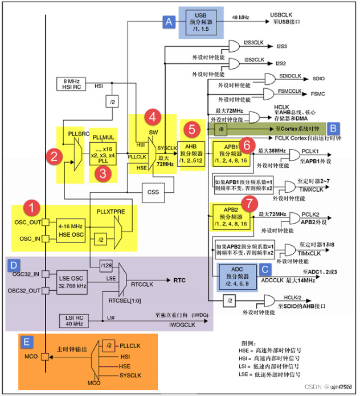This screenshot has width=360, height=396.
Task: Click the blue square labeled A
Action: click(x=168, y=22)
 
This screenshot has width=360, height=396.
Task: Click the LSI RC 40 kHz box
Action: click(x=72, y=321)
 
